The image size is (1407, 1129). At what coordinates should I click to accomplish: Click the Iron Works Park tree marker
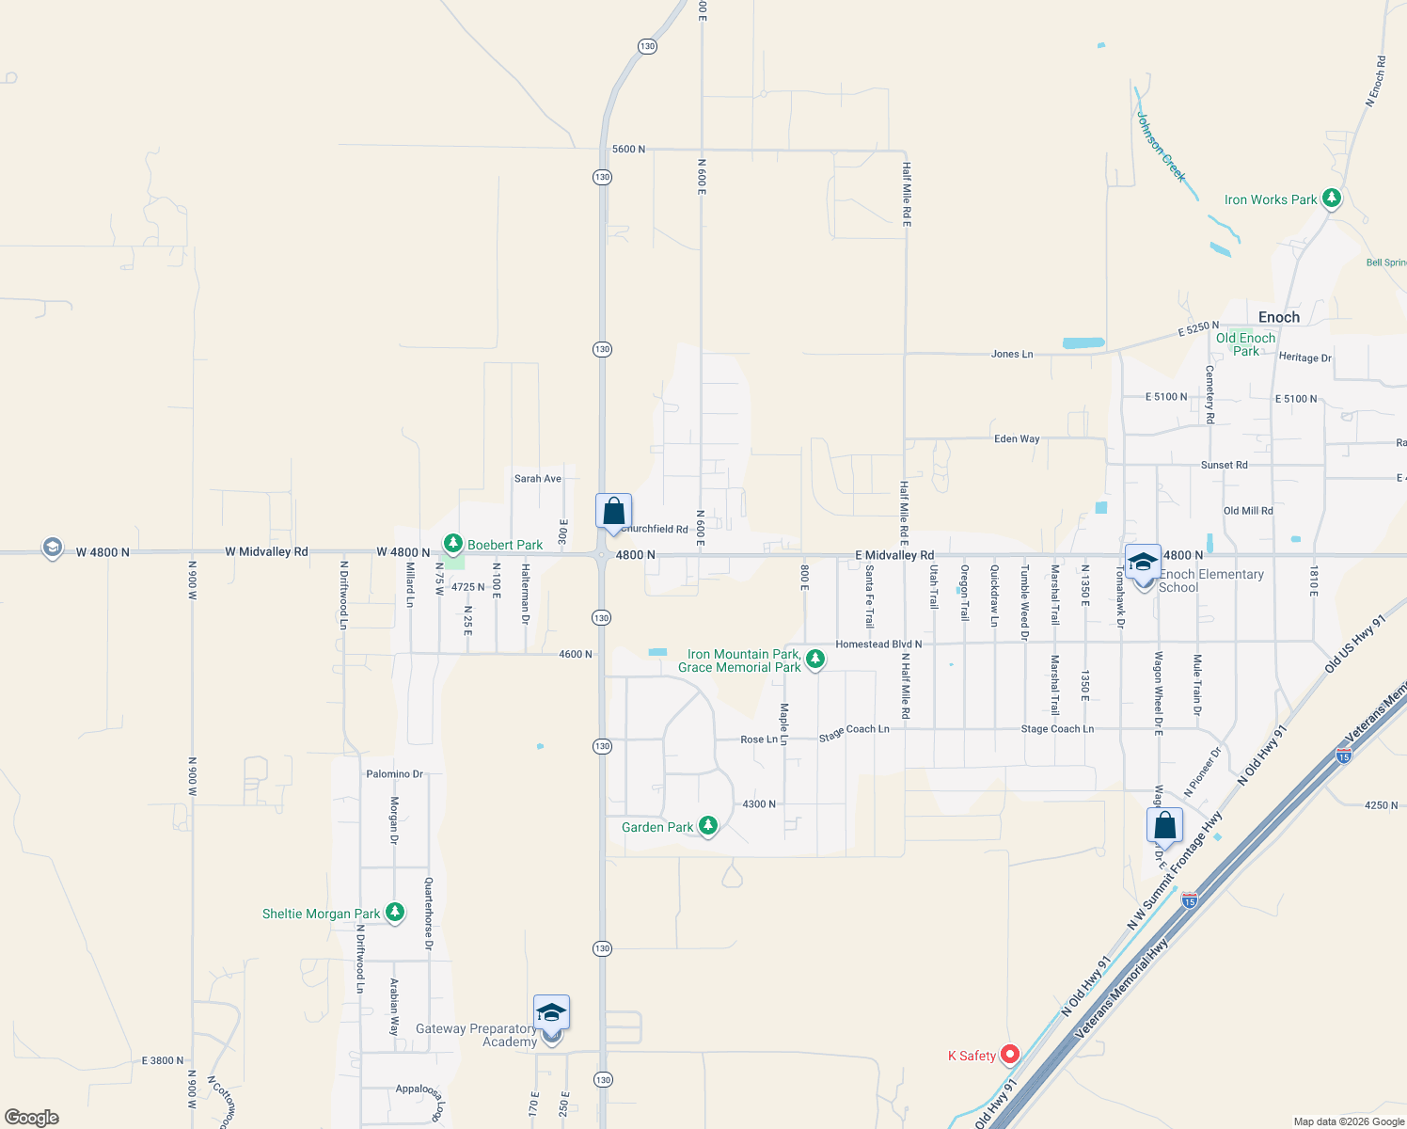[x=1331, y=199]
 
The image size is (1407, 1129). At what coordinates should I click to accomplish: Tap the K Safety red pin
[x=1009, y=1055]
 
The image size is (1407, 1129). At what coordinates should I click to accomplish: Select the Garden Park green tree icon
[x=708, y=826]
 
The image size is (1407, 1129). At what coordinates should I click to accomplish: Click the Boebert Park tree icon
[x=453, y=544]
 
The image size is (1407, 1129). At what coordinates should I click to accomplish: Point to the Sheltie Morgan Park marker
[x=395, y=913]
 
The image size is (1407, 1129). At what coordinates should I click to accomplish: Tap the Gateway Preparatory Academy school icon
[x=551, y=1013]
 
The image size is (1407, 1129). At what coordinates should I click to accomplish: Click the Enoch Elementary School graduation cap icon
[x=1143, y=563]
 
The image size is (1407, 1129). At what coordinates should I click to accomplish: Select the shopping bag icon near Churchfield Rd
[x=613, y=512]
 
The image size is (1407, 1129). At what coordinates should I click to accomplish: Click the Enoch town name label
[x=1278, y=318]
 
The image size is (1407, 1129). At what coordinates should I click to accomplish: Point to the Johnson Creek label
[x=1161, y=148]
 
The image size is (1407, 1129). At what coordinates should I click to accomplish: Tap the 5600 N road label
[x=628, y=150]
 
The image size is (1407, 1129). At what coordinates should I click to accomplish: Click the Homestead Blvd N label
[x=878, y=644]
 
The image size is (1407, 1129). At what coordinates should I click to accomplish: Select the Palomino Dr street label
[x=394, y=774]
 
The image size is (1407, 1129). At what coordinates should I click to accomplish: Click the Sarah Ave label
[x=537, y=479]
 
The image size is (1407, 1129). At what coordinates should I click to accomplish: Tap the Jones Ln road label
[x=1012, y=355]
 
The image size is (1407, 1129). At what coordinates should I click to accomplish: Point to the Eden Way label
[x=1017, y=439]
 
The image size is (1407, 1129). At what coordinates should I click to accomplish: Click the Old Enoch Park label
[x=1245, y=344]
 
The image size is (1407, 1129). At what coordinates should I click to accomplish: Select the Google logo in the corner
[x=32, y=1118]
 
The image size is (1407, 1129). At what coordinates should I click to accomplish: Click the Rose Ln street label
[x=759, y=739]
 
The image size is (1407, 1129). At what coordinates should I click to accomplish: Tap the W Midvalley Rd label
[x=266, y=552]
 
